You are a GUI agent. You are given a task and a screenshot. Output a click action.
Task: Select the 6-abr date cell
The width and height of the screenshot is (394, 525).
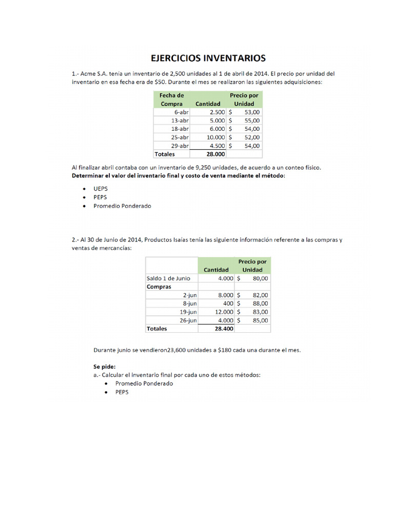click(181, 112)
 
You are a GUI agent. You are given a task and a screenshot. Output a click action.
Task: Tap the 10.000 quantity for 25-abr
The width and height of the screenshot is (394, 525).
click(215, 137)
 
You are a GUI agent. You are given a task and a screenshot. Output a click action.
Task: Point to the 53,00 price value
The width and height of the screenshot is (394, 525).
click(252, 112)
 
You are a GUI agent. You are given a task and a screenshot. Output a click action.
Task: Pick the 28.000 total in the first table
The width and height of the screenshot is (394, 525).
click(215, 154)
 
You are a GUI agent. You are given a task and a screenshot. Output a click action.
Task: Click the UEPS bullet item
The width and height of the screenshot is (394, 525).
click(101, 188)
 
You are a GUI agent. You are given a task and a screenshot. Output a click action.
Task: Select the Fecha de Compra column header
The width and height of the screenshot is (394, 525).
click(171, 99)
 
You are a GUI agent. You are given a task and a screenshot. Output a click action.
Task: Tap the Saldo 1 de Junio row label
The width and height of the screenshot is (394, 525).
click(168, 278)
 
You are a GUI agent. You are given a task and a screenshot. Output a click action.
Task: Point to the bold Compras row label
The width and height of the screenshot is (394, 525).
click(159, 287)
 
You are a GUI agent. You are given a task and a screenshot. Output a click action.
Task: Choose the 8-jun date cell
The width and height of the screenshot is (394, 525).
click(190, 304)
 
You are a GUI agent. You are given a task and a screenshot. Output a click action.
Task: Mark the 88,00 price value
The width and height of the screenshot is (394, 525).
click(260, 304)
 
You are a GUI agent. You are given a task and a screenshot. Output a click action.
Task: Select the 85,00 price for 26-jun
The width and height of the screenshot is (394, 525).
click(260, 320)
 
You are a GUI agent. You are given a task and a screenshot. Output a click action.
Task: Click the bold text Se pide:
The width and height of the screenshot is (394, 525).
click(105, 367)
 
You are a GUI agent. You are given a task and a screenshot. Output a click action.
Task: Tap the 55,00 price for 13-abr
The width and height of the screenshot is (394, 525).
click(252, 120)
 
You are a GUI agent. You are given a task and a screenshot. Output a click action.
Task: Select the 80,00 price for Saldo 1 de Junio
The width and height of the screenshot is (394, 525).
click(260, 278)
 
